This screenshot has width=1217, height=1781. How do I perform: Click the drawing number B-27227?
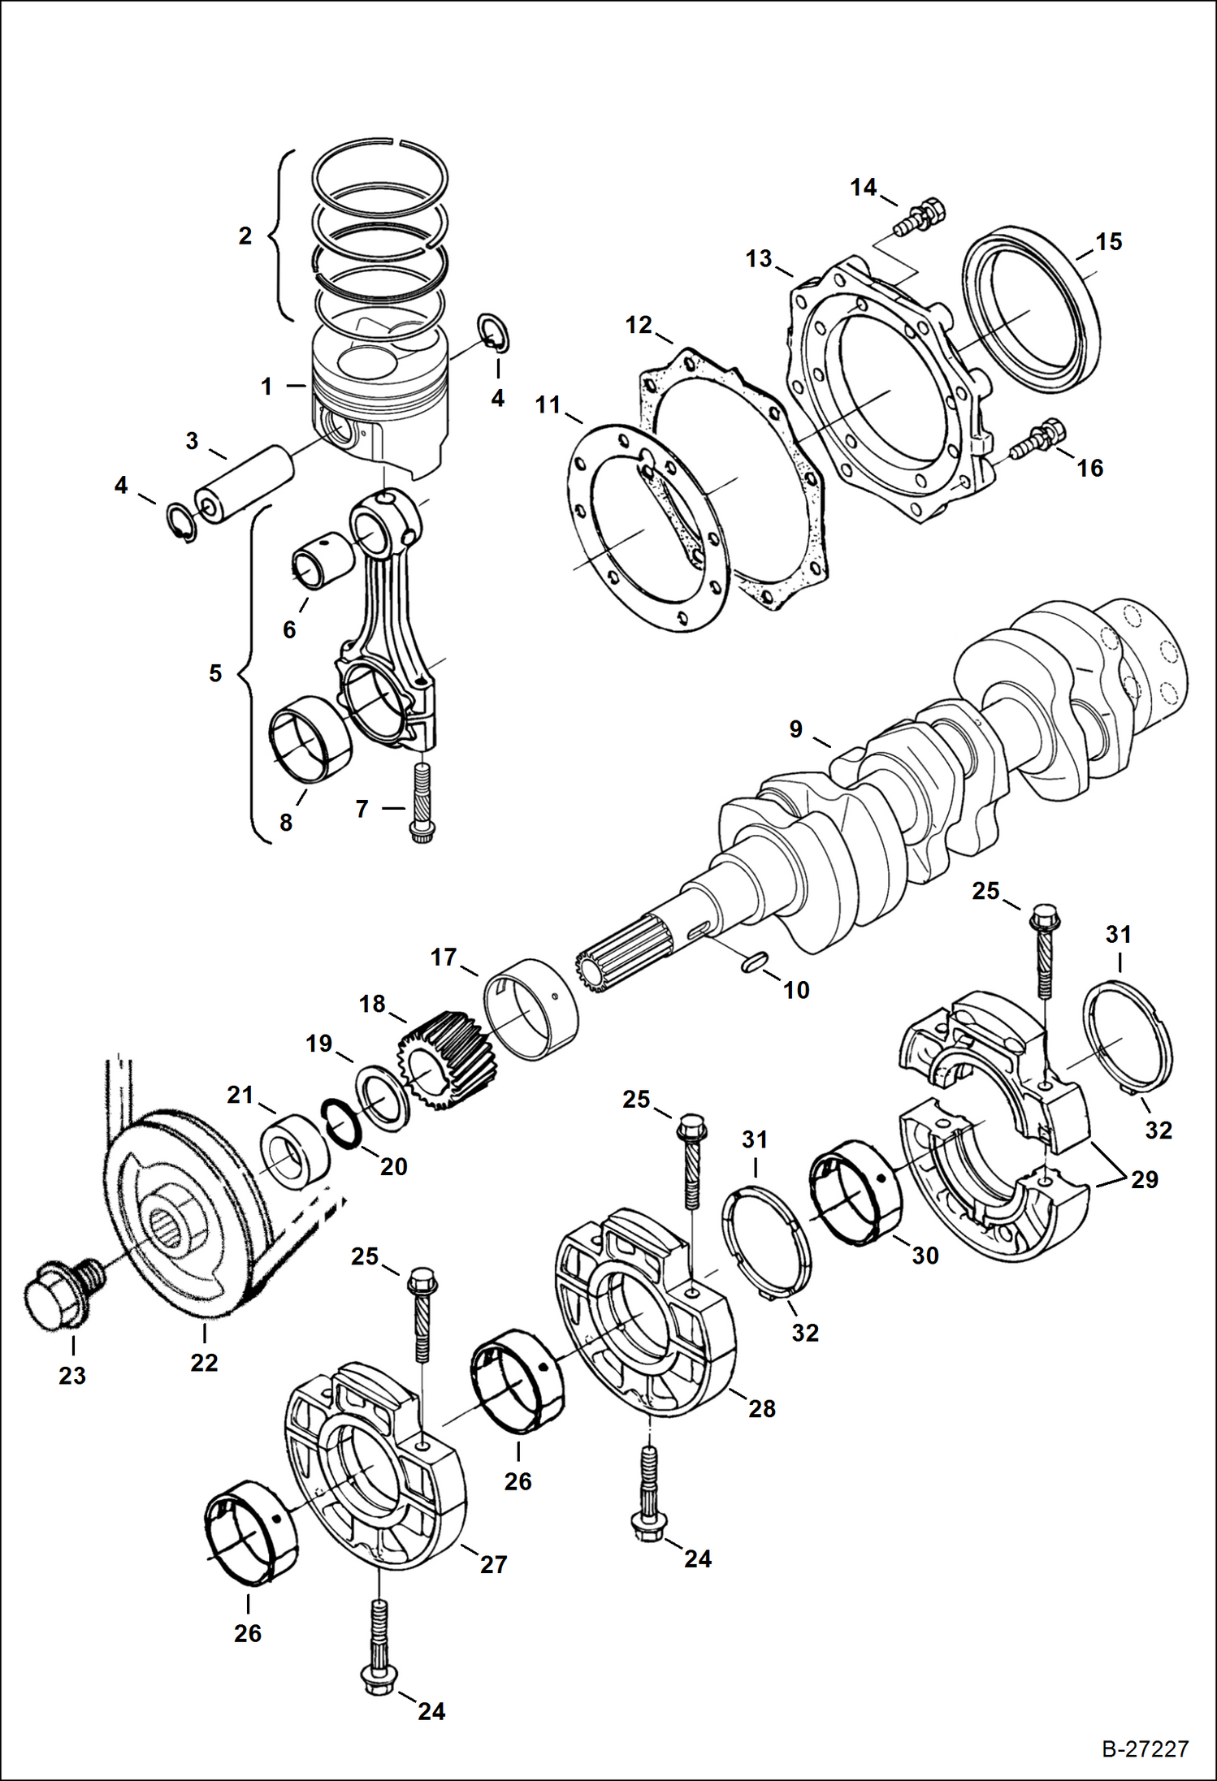point(1145,1749)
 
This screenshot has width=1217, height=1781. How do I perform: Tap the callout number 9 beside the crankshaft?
point(796,729)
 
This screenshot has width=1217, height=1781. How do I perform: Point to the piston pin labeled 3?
point(244,483)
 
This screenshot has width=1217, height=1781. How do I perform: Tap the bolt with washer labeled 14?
point(921,216)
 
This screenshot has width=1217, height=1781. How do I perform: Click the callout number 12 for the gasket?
point(639,325)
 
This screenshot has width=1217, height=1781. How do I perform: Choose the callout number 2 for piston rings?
point(245,236)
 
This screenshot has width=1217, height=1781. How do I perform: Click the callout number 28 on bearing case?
point(761,1407)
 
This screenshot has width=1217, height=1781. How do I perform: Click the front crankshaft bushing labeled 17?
point(531,1009)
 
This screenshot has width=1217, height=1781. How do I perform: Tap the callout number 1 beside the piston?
point(266,387)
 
